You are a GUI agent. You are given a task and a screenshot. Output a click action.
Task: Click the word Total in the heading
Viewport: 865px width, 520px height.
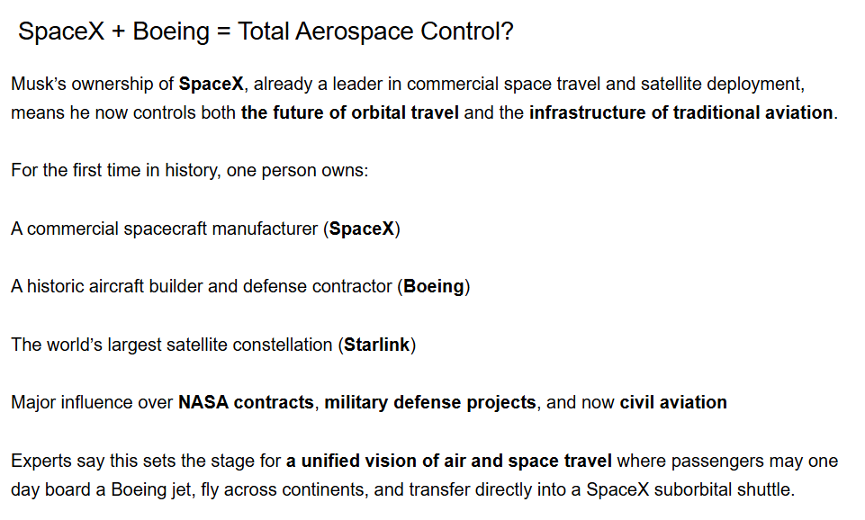(263, 31)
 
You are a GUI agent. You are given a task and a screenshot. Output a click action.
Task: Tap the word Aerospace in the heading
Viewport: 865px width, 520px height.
(354, 31)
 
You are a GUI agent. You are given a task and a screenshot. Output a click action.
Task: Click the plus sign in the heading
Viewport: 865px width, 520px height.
(118, 32)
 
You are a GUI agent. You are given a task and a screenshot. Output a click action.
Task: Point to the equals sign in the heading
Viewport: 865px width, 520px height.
(223, 32)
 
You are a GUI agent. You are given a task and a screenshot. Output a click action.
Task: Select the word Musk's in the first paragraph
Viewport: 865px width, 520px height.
(39, 84)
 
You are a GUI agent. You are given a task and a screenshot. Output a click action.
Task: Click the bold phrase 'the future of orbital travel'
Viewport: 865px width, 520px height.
(350, 112)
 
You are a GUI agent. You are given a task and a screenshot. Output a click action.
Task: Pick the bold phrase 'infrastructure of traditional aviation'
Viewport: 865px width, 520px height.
(680, 112)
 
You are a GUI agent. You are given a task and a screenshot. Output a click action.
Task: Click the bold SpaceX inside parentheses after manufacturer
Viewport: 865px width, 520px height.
(361, 229)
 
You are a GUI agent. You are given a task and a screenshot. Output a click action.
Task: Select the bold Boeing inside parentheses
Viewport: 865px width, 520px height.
(434, 287)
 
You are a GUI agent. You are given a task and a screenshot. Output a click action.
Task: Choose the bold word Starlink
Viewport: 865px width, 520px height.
(377, 345)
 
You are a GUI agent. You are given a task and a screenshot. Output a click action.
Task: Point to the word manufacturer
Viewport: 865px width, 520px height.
(265, 229)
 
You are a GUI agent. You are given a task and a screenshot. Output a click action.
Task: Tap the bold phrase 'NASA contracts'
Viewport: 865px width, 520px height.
(246, 402)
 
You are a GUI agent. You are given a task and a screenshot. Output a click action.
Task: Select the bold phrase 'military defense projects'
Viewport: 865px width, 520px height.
(430, 402)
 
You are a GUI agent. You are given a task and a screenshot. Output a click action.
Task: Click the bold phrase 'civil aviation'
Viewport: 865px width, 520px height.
(673, 402)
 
